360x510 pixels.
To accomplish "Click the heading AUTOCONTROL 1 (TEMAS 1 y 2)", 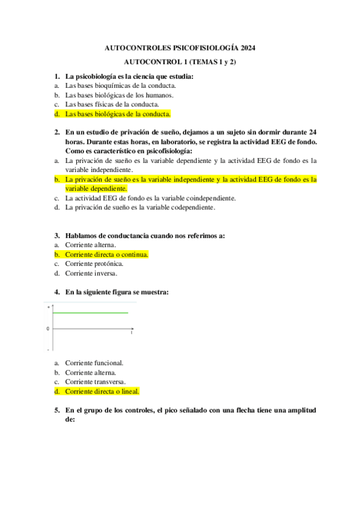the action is (180, 62).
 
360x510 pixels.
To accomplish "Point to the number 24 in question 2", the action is (313, 132).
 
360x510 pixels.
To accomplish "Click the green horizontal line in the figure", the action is (90, 313).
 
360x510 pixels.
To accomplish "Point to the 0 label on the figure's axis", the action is (48, 329).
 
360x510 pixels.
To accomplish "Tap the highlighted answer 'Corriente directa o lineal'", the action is (102, 392).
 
